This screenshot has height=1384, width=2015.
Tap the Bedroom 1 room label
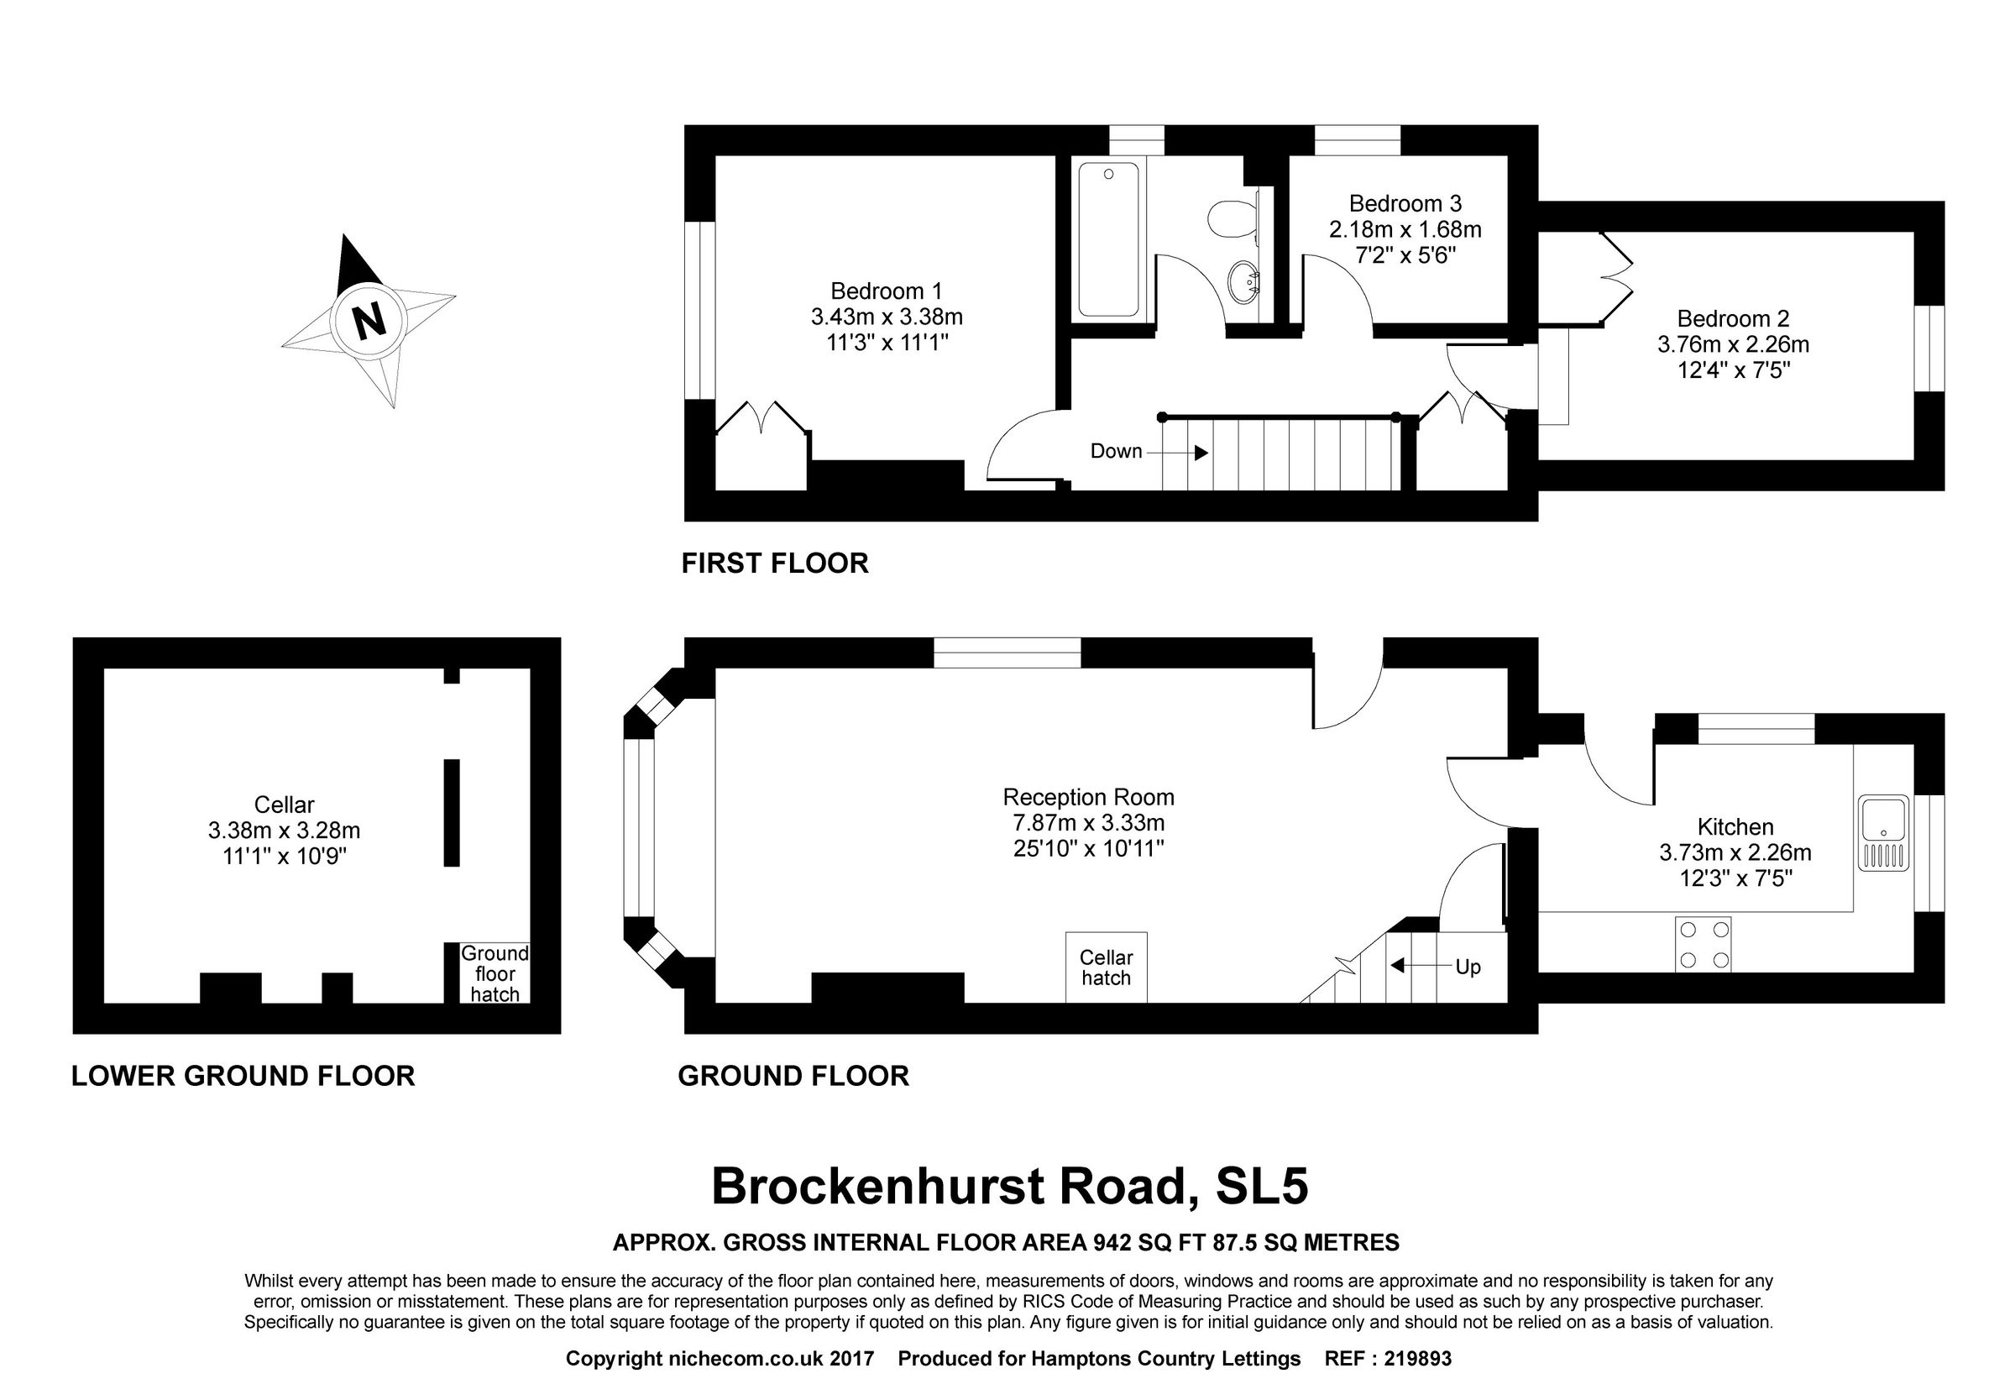pos(885,291)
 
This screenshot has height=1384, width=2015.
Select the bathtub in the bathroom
pos(1108,239)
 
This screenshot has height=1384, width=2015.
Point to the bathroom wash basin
pos(1244,281)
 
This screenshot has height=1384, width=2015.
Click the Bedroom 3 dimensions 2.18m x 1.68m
pos(1405,230)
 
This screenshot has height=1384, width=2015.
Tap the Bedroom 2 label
pos(1732,318)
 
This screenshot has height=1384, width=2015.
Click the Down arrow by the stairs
pos(1200,453)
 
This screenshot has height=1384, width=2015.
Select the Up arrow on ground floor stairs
pos(1397,966)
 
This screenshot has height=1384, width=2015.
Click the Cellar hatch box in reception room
pos(1106,967)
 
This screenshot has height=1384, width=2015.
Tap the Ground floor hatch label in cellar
pos(495,974)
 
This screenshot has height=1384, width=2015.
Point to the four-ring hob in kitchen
pos(1703,944)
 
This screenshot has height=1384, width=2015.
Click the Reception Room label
pos(1088,797)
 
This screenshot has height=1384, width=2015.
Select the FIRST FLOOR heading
pos(774,564)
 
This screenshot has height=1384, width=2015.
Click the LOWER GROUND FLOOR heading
pos(243,1076)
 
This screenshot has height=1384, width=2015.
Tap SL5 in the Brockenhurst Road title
pos(1262,1187)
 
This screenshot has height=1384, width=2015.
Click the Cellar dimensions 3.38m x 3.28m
pos(284,831)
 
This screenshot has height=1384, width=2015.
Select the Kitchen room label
pos(1735,826)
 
